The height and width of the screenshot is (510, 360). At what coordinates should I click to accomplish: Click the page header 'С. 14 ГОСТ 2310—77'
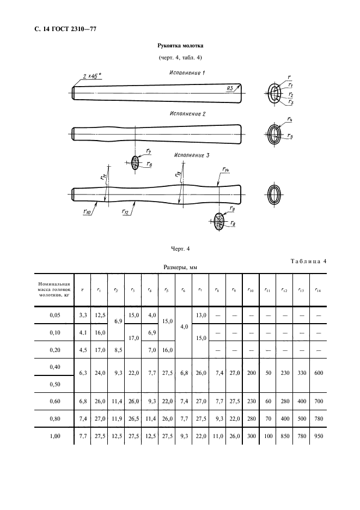click(x=62, y=29)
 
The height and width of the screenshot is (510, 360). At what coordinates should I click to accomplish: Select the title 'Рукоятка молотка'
click(x=180, y=46)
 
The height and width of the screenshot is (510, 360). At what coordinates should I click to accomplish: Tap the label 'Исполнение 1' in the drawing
click(x=187, y=72)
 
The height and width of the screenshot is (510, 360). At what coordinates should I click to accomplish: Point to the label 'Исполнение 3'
click(x=192, y=155)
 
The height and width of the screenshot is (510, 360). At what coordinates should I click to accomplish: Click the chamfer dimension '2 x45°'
click(x=93, y=76)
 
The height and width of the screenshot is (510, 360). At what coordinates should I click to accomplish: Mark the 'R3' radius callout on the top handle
click(x=231, y=88)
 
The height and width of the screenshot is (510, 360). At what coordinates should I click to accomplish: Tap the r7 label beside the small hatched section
click(x=149, y=151)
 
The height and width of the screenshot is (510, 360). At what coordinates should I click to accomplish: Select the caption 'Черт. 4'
click(x=180, y=249)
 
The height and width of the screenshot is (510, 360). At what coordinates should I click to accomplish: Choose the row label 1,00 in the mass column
click(x=53, y=437)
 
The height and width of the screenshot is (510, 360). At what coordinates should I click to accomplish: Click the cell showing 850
click(x=284, y=437)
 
